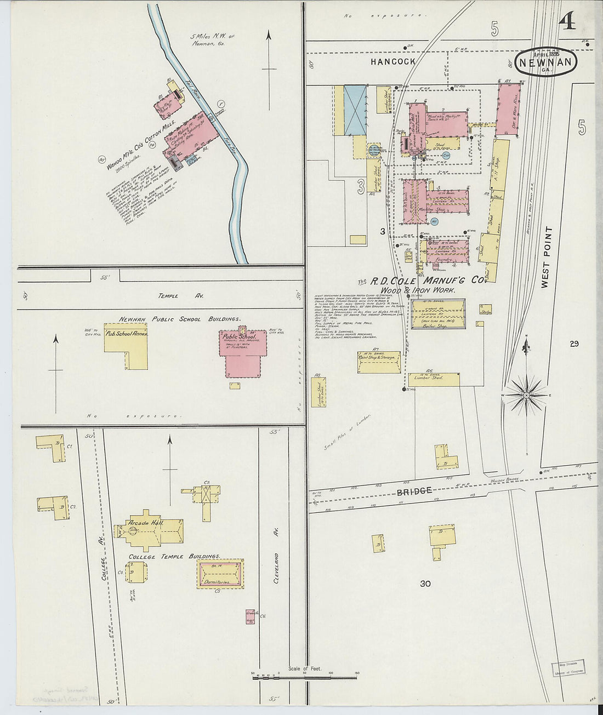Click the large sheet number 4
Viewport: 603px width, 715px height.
(x=567, y=21)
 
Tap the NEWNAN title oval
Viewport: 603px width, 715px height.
(x=547, y=62)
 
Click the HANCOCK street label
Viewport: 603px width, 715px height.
(x=392, y=62)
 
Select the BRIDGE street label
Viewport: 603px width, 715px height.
(x=414, y=491)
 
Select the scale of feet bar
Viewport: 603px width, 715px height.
(x=304, y=678)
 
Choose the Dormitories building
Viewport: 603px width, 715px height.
(x=220, y=575)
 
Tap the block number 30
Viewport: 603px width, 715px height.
(x=425, y=584)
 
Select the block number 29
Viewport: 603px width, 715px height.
(x=574, y=344)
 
